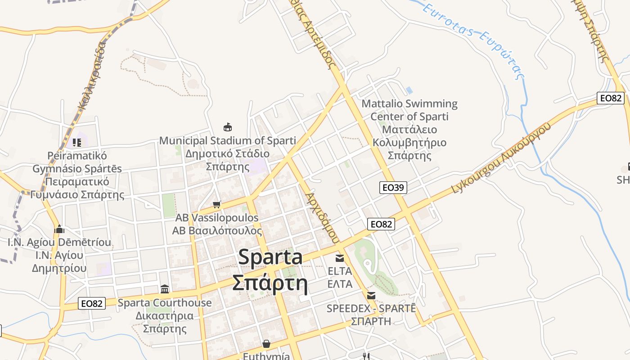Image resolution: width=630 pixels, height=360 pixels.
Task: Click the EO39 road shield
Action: [393, 187]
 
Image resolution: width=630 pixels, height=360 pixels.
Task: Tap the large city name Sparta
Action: [270, 257]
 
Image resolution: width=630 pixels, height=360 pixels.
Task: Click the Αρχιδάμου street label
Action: [321, 218]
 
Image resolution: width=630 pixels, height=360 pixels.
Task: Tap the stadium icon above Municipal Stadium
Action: [228, 127]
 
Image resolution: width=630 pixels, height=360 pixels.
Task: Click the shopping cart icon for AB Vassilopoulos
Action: [216, 205]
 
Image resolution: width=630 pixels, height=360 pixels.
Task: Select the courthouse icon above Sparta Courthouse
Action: [165, 289]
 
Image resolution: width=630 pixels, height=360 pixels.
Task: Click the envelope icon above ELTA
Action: [340, 258]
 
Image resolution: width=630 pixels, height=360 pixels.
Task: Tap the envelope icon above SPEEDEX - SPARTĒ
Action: [371, 296]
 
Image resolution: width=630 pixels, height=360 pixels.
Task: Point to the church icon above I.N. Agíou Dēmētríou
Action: [59, 229]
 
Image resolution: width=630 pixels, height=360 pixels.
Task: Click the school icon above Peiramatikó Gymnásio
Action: [77, 143]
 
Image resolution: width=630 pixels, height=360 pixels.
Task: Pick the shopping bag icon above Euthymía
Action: [266, 344]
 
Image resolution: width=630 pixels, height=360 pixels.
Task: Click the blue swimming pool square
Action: [409, 90]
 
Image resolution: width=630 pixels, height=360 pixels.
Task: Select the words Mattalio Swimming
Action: [409, 104]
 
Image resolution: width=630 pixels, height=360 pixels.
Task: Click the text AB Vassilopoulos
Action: [217, 218]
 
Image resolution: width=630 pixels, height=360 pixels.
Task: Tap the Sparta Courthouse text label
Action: [165, 303]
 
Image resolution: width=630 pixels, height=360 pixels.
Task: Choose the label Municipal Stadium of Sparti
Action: [228, 140]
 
